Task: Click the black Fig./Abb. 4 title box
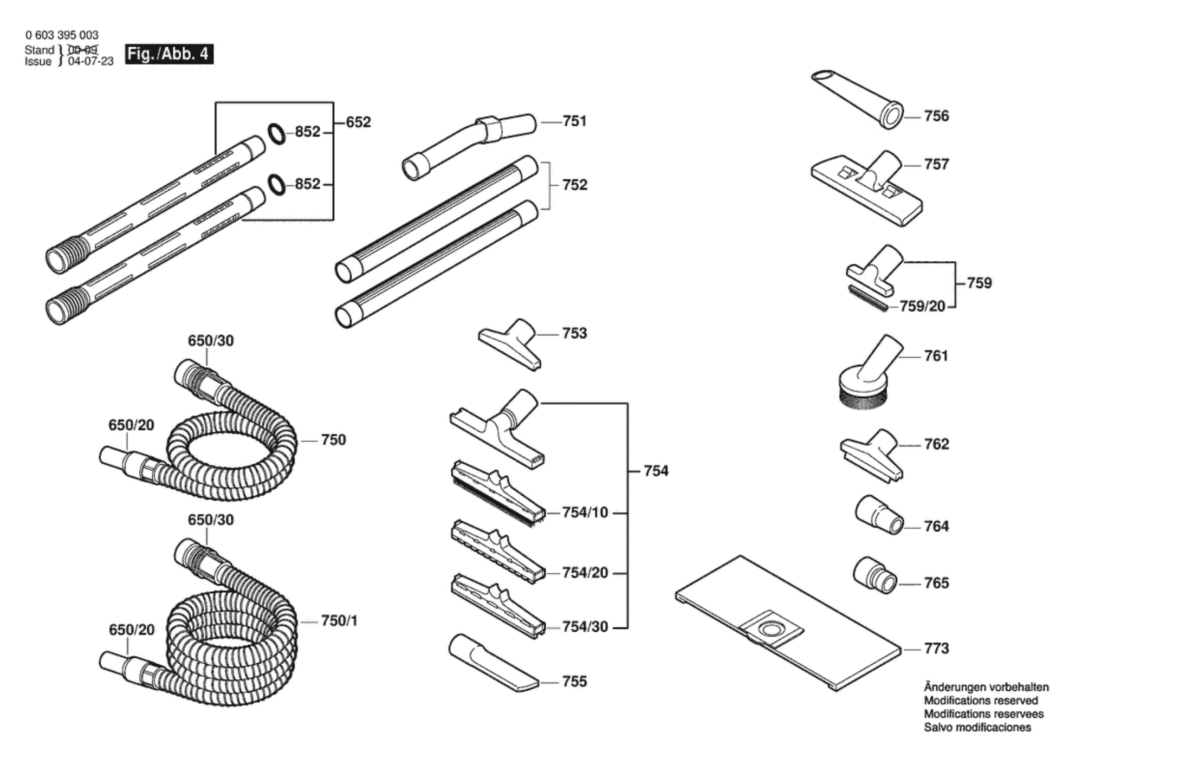click(169, 54)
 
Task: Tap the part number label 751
click(575, 121)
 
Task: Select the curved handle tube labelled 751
click(469, 146)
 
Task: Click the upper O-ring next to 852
click(276, 134)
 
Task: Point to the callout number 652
click(358, 122)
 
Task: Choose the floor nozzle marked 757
click(866, 188)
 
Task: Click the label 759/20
click(922, 307)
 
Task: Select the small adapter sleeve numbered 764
click(879, 514)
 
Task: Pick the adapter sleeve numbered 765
click(875, 575)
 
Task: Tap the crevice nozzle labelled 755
click(493, 663)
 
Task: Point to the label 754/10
click(585, 513)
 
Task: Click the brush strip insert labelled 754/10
click(498, 494)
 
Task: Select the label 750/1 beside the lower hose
click(339, 621)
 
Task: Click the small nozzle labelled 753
click(510, 345)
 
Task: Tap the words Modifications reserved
click(981, 701)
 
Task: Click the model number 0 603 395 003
click(62, 35)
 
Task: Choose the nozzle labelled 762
click(872, 455)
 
